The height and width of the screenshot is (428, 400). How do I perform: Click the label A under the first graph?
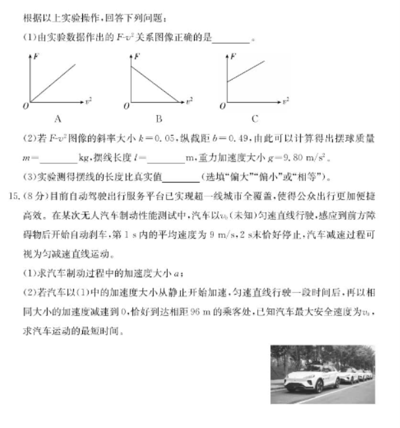point(58,119)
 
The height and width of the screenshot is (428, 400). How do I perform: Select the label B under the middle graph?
point(159,119)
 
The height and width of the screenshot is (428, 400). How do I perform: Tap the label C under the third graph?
point(254,119)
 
